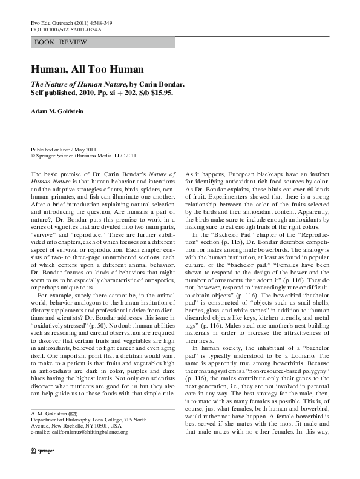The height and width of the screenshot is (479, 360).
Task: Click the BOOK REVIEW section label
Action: click(61, 42)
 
